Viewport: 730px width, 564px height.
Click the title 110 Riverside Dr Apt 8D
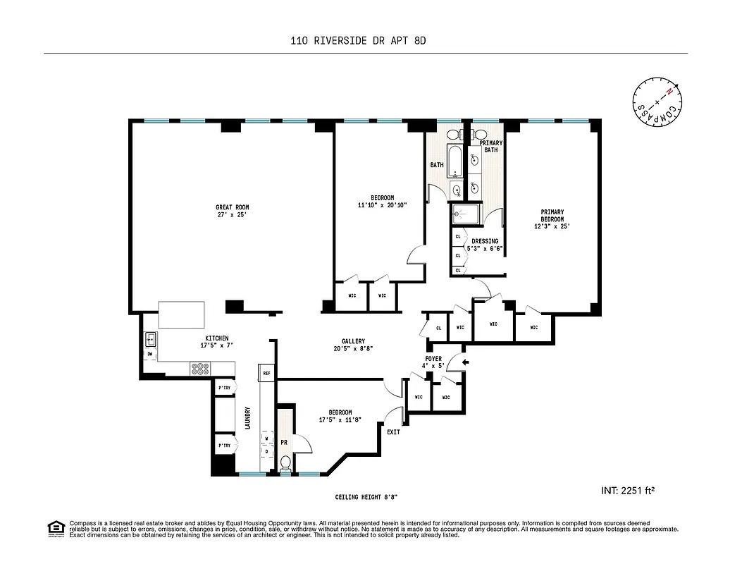coord(359,41)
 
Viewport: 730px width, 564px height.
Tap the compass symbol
coord(657,103)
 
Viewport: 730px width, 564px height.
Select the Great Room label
coord(232,207)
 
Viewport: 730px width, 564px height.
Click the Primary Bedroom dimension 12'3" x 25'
coord(551,226)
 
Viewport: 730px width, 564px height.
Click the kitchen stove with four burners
coord(200,368)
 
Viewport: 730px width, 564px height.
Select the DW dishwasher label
coord(150,354)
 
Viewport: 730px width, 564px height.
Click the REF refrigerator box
coord(266,372)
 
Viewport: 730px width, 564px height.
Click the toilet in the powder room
coord(285,463)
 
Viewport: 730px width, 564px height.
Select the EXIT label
coord(392,432)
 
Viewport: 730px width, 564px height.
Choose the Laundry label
coord(247,417)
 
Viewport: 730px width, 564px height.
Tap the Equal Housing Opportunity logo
coord(54,528)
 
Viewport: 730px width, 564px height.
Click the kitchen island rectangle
coord(182,314)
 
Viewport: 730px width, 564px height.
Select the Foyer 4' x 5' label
coord(434,362)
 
